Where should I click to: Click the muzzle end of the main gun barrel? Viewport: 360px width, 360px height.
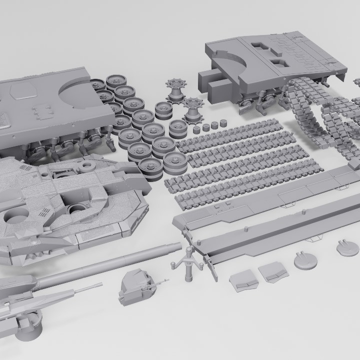(x=177, y=245)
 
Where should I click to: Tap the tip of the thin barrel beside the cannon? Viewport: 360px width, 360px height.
(x=100, y=284)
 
